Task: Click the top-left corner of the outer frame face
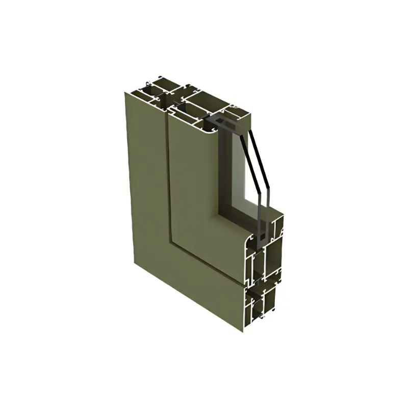tap(126, 92)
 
